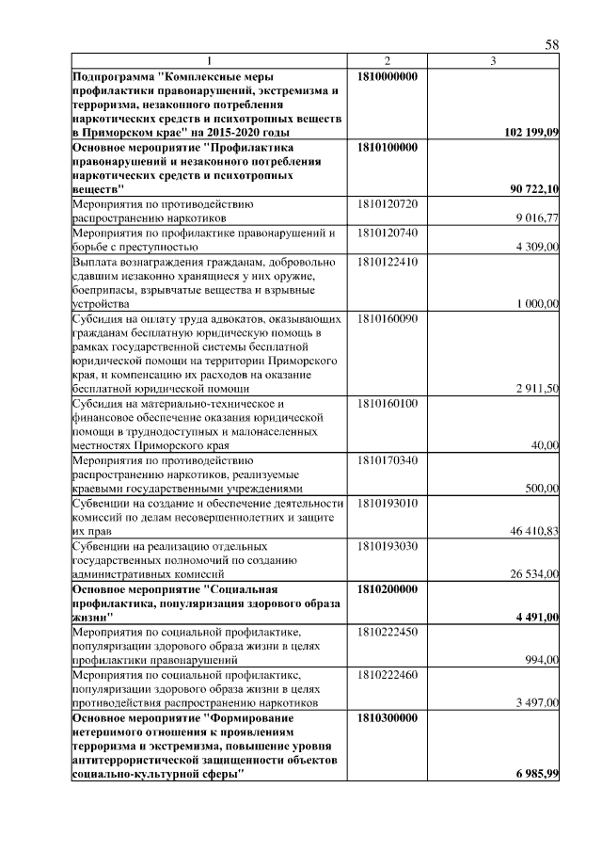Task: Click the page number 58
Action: point(552,45)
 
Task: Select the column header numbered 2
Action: point(387,61)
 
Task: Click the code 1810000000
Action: point(388,75)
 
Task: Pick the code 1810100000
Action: point(388,148)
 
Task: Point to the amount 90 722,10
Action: point(534,190)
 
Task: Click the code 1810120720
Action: point(388,204)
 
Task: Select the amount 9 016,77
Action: point(538,218)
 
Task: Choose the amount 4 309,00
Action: point(538,247)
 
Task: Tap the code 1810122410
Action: point(388,261)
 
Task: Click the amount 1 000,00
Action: point(538,304)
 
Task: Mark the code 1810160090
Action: point(388,318)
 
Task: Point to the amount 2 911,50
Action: point(538,389)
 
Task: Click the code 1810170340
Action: point(388,459)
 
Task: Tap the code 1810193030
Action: point(388,545)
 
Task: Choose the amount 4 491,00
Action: point(538,617)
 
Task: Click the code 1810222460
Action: point(388,674)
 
